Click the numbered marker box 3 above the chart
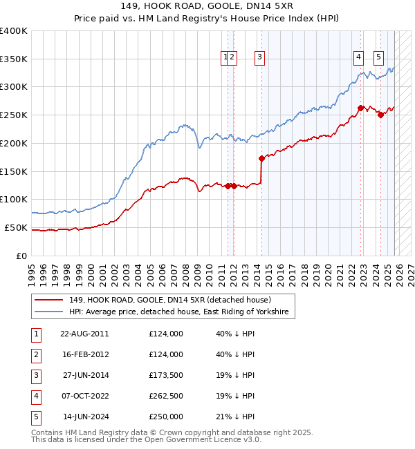pyautogui.click(x=259, y=58)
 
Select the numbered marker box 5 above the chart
pyautogui.click(x=379, y=58)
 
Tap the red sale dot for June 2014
pyautogui.click(x=261, y=158)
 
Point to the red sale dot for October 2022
pyautogui.click(x=360, y=108)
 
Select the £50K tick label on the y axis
pyautogui.click(x=16, y=228)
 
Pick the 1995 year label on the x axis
pyautogui.click(x=32, y=269)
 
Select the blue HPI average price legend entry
pyautogui.click(x=181, y=312)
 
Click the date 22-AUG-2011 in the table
pyautogui.click(x=84, y=334)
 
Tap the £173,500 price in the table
pyautogui.click(x=166, y=375)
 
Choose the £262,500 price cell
pyautogui.click(x=166, y=396)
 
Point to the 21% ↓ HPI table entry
pyautogui.click(x=235, y=417)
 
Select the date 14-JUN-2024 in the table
pyautogui.click(x=84, y=417)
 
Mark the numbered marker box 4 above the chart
pyautogui.click(x=359, y=58)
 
